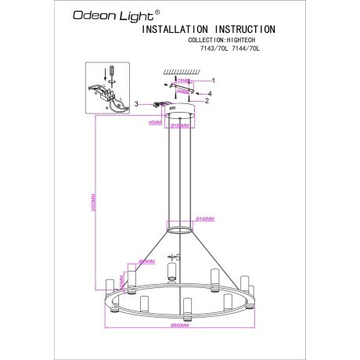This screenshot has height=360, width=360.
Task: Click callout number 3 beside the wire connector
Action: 137,103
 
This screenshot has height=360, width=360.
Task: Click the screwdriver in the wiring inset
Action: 111,75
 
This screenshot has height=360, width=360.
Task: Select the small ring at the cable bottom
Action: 180,230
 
